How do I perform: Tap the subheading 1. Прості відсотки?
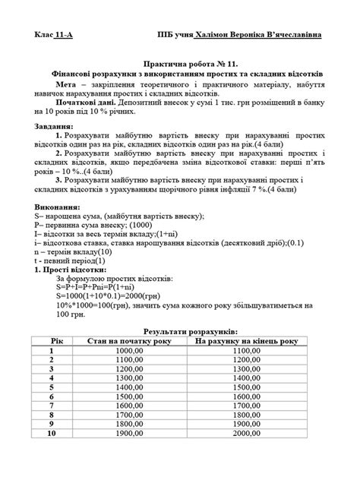[x=70, y=270]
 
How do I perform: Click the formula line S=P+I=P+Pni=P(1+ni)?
[x=99, y=288]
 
